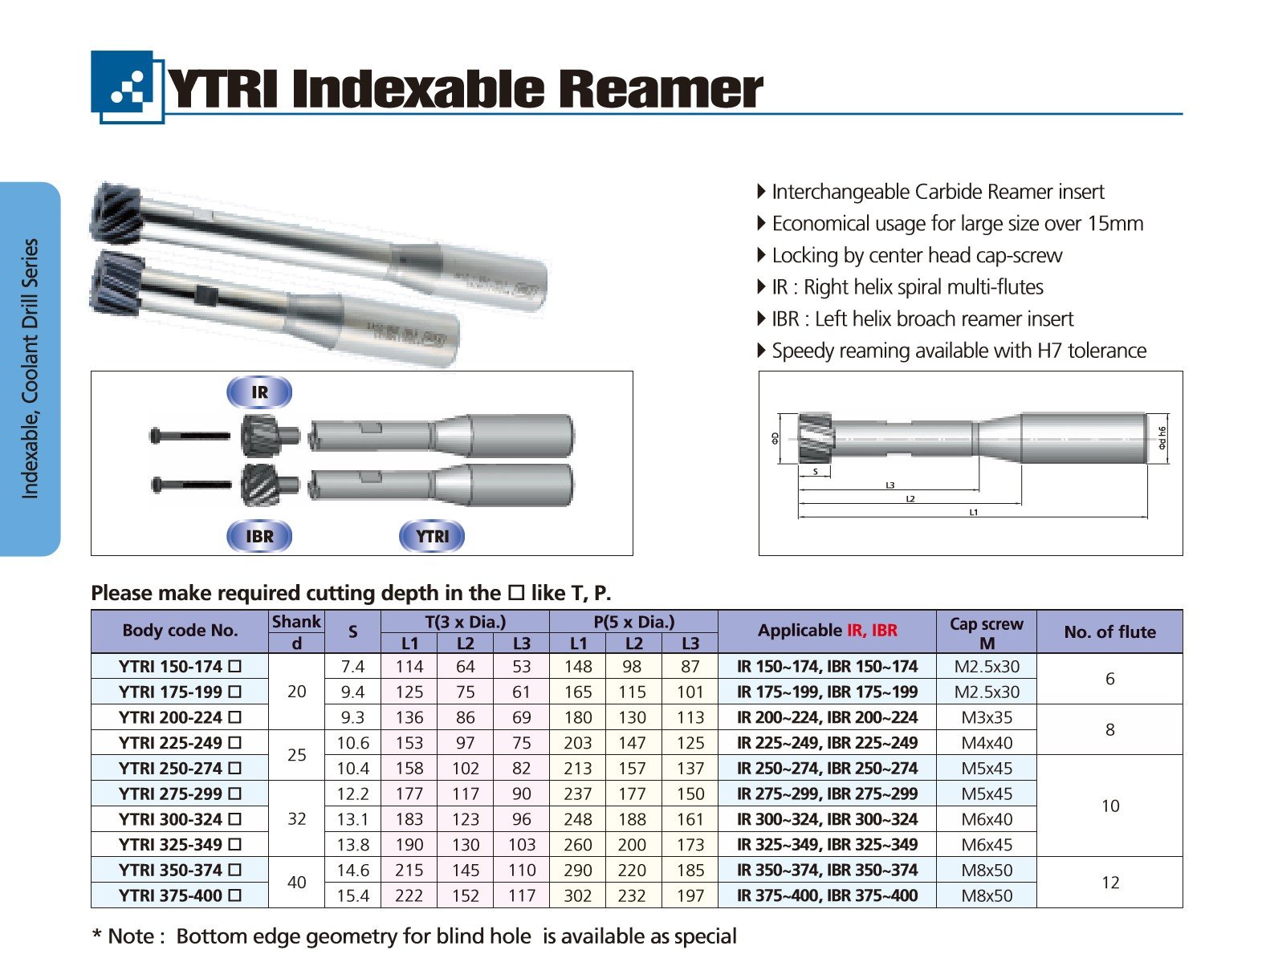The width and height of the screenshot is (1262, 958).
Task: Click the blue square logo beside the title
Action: pos(128,87)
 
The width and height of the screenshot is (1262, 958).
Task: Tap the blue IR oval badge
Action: pos(259,392)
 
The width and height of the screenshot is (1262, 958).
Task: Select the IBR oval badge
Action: pos(259,537)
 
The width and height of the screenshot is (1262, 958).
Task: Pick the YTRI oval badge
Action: pos(432,537)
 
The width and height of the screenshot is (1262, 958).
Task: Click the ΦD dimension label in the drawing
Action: pos(775,438)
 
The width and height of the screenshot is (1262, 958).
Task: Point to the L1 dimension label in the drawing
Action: pos(973,512)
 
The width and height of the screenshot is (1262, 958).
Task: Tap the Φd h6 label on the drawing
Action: pos(1162,437)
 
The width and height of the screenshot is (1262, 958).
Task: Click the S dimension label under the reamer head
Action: pos(815,472)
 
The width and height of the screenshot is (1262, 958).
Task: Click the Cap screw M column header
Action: pos(986,632)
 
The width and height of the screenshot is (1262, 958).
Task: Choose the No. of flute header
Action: pos(1109,631)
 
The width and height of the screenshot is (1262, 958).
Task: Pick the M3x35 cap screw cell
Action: pos(987,717)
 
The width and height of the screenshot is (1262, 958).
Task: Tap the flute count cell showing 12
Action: pos(1109,883)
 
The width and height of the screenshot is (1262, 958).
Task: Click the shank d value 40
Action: pos(296,883)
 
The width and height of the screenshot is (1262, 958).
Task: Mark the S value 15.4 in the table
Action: pos(352,895)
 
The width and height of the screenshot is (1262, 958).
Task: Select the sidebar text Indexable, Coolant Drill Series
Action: pos(30,369)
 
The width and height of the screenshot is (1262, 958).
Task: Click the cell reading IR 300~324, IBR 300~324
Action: pos(827,819)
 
